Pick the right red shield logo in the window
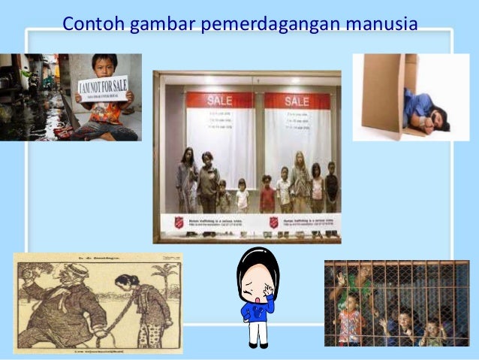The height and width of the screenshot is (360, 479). tap(275, 222)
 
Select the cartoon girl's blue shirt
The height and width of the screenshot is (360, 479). tap(258, 310)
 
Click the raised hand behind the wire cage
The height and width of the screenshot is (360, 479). tap(342, 279)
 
